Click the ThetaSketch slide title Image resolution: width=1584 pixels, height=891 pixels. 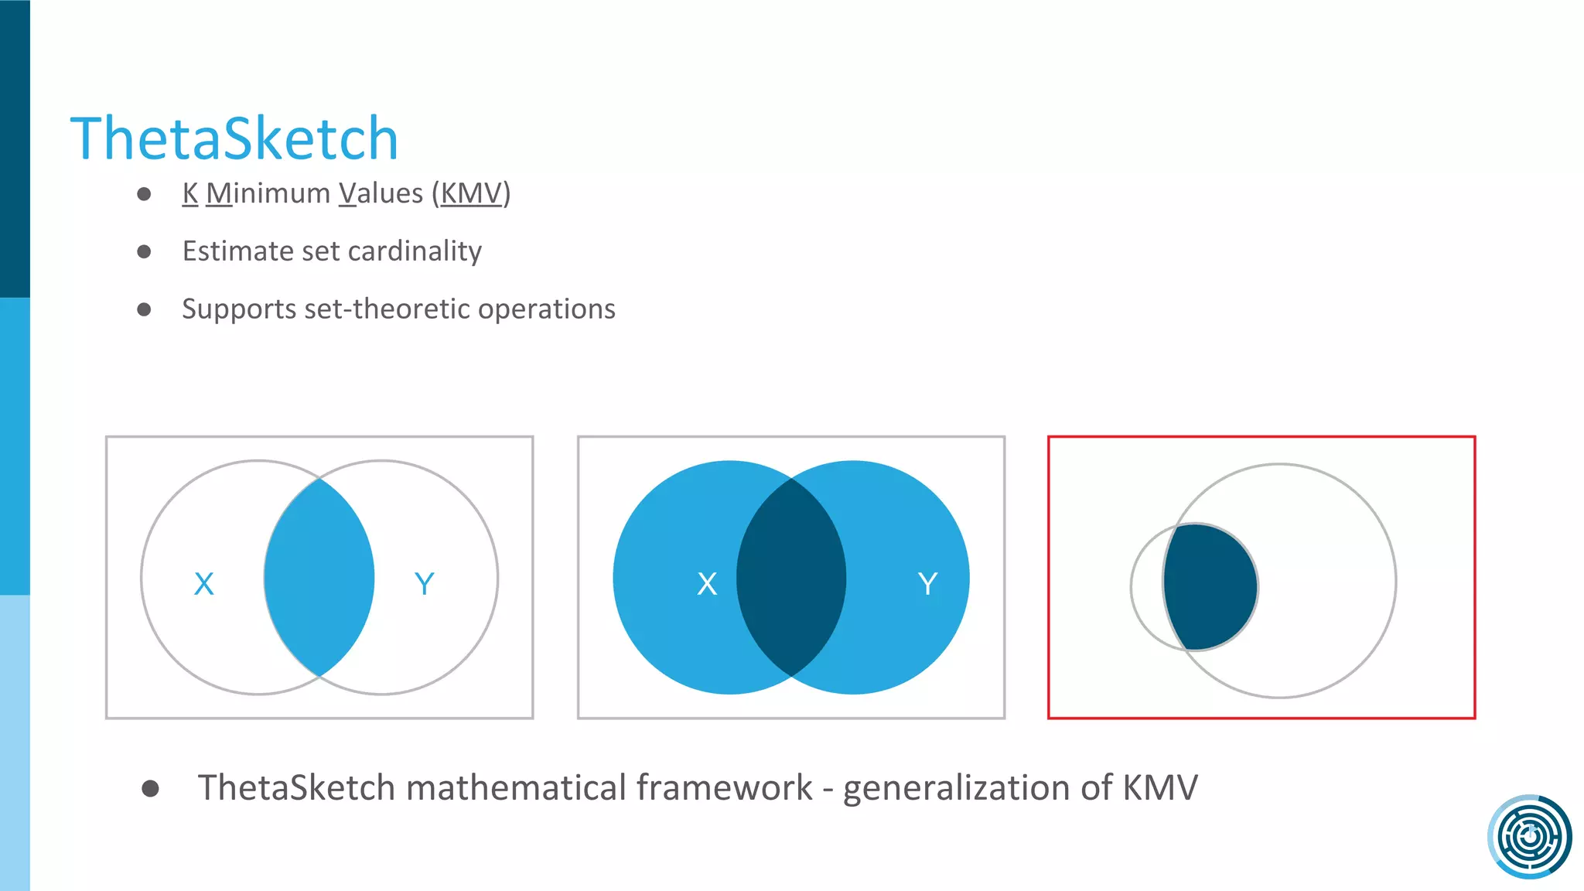(x=234, y=139)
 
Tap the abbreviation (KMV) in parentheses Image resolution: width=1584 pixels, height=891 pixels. (x=471, y=193)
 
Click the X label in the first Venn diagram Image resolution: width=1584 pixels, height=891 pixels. (x=204, y=584)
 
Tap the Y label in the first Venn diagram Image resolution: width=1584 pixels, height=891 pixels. (x=424, y=584)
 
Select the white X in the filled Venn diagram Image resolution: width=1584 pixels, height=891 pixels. (x=707, y=584)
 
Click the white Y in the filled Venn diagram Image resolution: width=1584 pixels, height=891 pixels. (x=927, y=584)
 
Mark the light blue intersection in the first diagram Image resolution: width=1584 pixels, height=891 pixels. (x=319, y=578)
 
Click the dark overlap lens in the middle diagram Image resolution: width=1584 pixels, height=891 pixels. (x=791, y=578)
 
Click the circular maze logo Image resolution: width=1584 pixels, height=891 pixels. (x=1529, y=837)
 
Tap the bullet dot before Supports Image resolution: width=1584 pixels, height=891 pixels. (x=144, y=310)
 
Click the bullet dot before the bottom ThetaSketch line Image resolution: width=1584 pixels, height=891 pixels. (x=151, y=789)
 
